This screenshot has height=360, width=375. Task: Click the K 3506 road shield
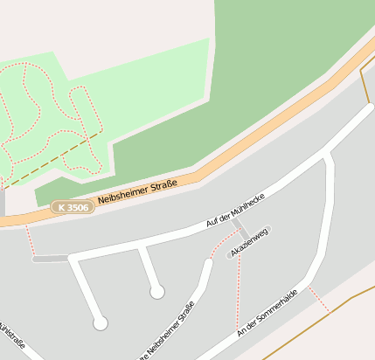(x=73, y=207)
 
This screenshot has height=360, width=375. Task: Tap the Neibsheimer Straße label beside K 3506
(x=137, y=191)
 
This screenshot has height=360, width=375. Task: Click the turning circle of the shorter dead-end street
(x=156, y=292)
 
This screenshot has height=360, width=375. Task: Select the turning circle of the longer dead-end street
(x=101, y=323)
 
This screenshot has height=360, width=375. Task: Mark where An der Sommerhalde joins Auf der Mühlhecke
(x=327, y=154)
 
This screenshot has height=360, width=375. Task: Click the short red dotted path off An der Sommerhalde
(x=318, y=300)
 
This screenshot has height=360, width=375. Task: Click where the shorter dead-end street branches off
(x=140, y=247)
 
